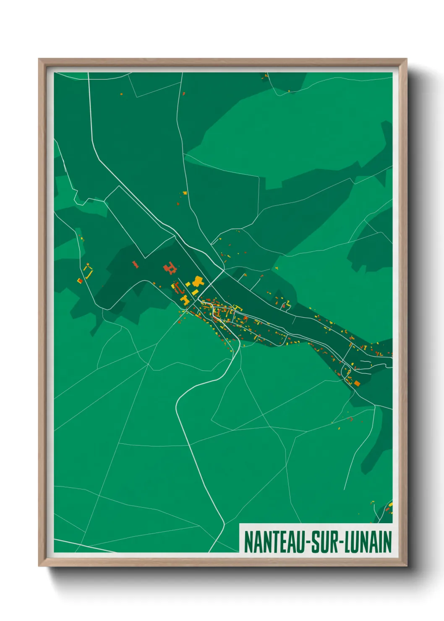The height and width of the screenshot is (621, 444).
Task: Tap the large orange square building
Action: tap(357, 383)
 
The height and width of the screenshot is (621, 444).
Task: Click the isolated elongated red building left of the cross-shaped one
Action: tap(135, 264)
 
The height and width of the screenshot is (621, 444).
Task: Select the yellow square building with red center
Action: tap(79, 280)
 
